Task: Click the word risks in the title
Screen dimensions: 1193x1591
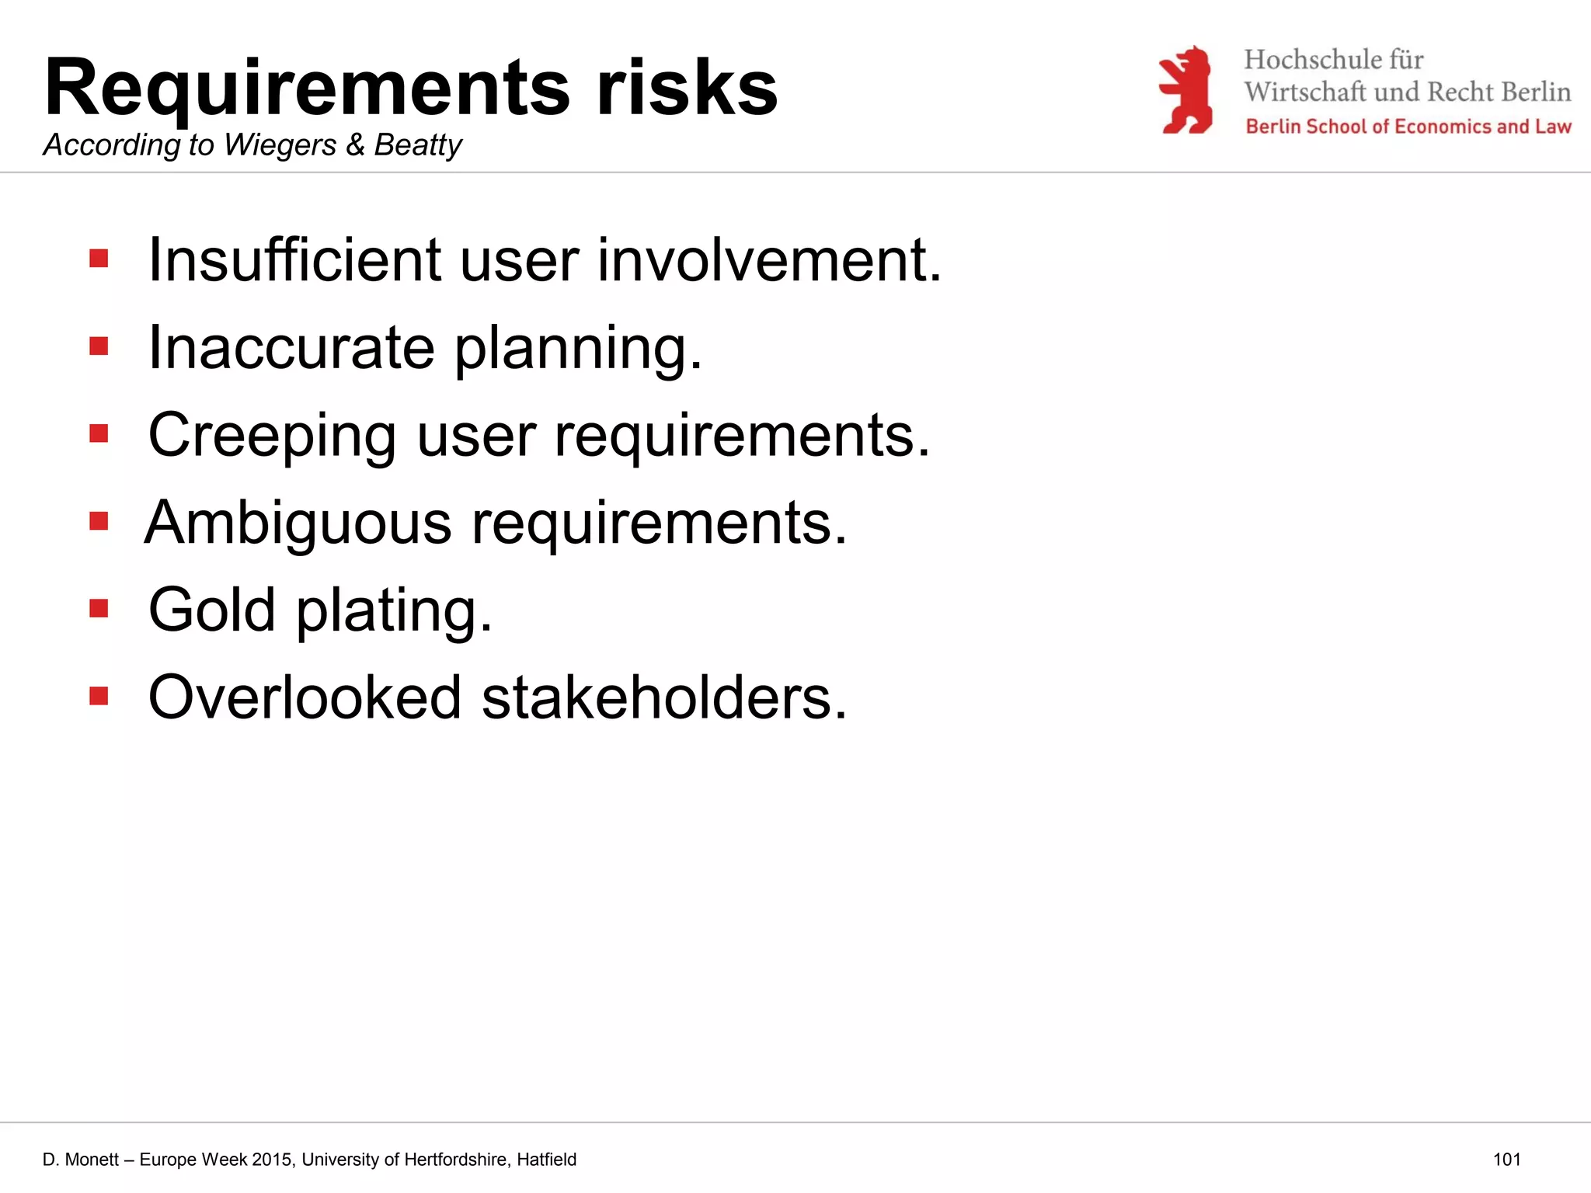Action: (x=687, y=87)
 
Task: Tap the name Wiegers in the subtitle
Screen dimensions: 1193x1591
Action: (x=280, y=145)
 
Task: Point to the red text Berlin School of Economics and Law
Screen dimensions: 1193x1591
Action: (x=1408, y=127)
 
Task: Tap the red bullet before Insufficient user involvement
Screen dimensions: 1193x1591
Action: (x=99, y=258)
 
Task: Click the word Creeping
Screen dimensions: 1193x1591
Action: (x=272, y=437)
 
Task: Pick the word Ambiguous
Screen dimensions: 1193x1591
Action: (x=298, y=523)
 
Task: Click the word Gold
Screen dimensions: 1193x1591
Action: (x=211, y=610)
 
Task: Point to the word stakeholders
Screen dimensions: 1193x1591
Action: (x=663, y=697)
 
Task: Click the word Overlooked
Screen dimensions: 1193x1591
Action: (x=305, y=697)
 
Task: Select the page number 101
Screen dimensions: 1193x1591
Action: (x=1506, y=1160)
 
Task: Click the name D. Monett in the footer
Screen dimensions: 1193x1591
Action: (x=81, y=1160)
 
